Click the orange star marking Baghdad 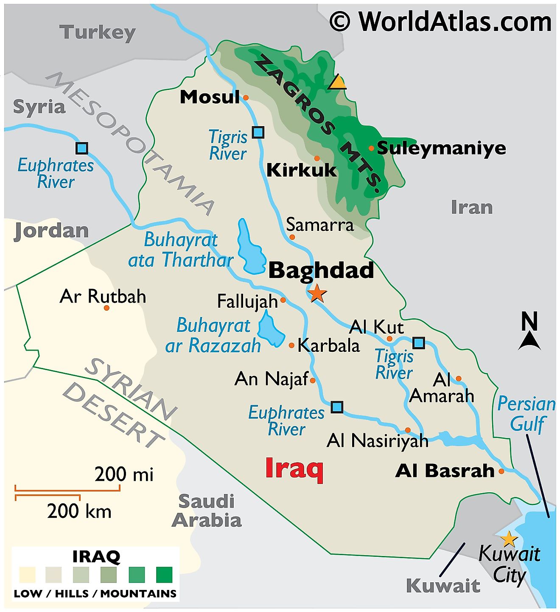pos(317,293)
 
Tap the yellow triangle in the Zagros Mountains pos(338,82)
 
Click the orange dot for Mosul pos(246,98)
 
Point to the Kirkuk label pos(301,170)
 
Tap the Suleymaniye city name pos(441,148)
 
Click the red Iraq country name pos(294,469)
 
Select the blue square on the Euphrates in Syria pos(81,148)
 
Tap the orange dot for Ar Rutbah pos(106,308)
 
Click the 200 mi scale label pos(123,474)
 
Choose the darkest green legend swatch pos(164,575)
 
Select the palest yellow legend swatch pos(28,575)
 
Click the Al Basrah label pos(445,471)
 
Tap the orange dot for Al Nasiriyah pos(408,430)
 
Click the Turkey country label pos(97,32)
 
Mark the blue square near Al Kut pos(419,343)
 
